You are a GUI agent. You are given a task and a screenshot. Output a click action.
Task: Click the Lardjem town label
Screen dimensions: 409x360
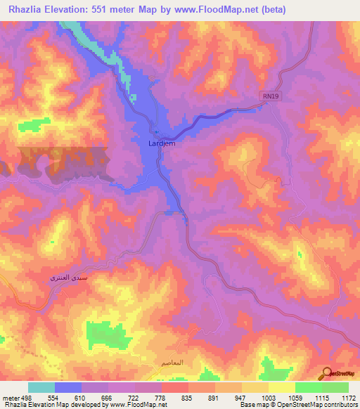point(162,143)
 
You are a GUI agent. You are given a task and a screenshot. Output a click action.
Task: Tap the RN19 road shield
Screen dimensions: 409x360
point(275,100)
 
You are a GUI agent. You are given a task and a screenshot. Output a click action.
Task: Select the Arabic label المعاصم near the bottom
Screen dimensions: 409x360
point(172,363)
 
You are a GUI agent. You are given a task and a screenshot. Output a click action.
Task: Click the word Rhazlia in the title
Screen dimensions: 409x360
point(29,10)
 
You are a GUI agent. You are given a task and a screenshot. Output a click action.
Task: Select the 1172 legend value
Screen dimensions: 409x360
point(349,398)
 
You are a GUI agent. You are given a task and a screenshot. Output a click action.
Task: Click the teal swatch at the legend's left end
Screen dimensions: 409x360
point(41,387)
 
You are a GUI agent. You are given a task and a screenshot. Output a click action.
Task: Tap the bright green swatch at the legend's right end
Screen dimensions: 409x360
point(335,387)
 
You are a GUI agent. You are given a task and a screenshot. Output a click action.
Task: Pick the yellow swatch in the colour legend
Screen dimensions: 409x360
point(282,387)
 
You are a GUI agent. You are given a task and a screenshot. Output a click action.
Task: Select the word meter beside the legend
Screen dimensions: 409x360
point(10,398)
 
